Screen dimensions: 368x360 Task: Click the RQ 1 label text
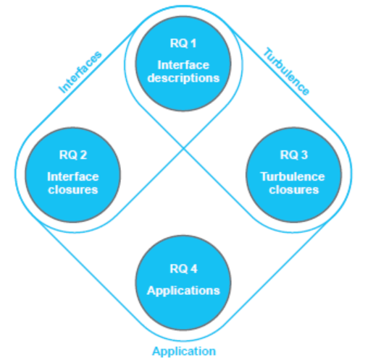point(183,43)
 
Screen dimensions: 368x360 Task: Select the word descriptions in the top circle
point(183,79)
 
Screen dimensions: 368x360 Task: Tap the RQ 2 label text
point(73,155)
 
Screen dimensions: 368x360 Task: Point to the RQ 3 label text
point(294,155)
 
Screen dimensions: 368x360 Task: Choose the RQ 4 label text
point(183,269)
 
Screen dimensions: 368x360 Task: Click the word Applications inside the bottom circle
point(183,291)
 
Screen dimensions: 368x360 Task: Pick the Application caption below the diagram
point(184,351)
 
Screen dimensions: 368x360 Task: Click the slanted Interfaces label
point(80,72)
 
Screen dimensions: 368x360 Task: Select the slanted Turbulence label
point(286,72)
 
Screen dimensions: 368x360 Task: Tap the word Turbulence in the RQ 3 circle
point(293,176)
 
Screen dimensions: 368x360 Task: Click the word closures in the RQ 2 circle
point(73,189)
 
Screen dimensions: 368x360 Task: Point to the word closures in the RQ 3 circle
point(294,189)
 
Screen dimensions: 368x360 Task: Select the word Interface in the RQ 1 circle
point(183,65)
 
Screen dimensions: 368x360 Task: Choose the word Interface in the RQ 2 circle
point(73,176)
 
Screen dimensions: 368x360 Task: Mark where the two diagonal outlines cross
point(183,148)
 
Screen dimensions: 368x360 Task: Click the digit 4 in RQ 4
point(194,269)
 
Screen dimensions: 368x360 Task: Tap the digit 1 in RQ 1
point(193,43)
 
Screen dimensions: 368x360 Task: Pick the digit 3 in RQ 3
point(304,155)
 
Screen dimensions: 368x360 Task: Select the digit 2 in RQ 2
point(83,155)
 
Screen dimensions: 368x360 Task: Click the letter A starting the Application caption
point(156,351)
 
